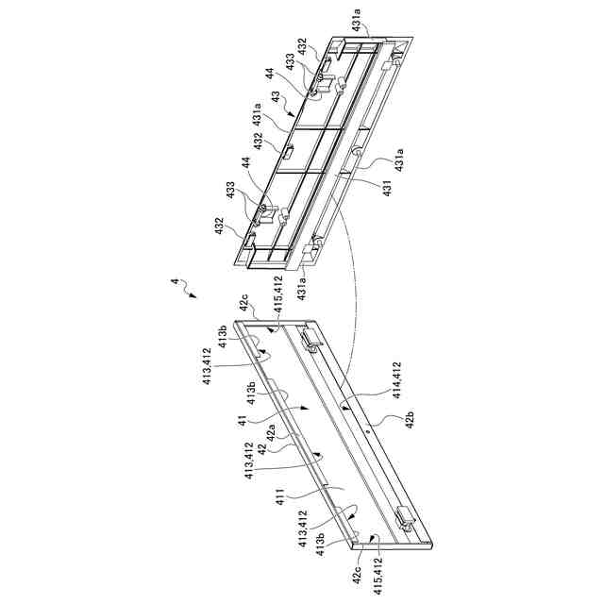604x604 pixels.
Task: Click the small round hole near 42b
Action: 367,427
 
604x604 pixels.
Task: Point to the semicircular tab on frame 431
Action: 359,154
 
